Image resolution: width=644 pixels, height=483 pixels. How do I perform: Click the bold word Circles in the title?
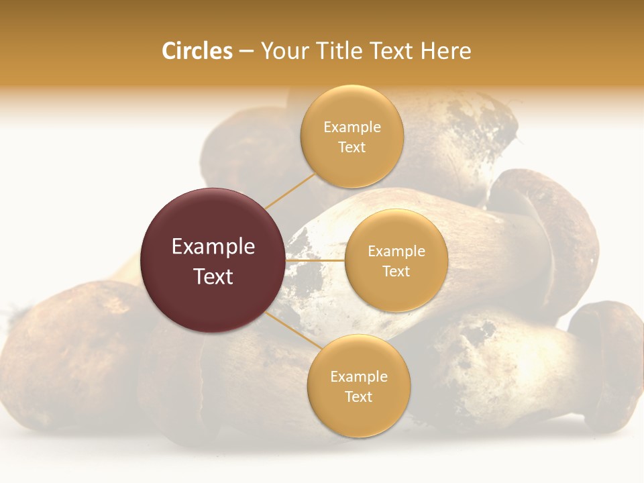pyautogui.click(x=197, y=51)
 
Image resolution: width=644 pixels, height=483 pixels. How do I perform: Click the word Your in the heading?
pyautogui.click(x=284, y=51)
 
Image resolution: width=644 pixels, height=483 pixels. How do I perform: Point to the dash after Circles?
pyautogui.click(x=246, y=52)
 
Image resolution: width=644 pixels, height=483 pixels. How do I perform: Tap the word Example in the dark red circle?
pyautogui.click(x=213, y=246)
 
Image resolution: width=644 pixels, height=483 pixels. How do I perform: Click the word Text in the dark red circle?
pyautogui.click(x=213, y=276)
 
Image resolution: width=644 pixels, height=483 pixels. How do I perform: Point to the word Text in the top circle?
pyautogui.click(x=352, y=147)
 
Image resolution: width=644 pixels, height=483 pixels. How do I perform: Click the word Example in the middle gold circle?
pyautogui.click(x=396, y=251)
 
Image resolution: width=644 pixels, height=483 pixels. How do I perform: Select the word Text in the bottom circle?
pyautogui.click(x=358, y=396)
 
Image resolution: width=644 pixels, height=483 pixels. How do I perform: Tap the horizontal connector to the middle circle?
pyautogui.click(x=315, y=260)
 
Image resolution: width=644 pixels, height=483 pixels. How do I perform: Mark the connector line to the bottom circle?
pyautogui.click(x=290, y=331)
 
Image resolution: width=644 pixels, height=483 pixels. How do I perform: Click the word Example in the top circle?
pyautogui.click(x=352, y=127)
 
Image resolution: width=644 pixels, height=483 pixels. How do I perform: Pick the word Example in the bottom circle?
pyautogui.click(x=358, y=376)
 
